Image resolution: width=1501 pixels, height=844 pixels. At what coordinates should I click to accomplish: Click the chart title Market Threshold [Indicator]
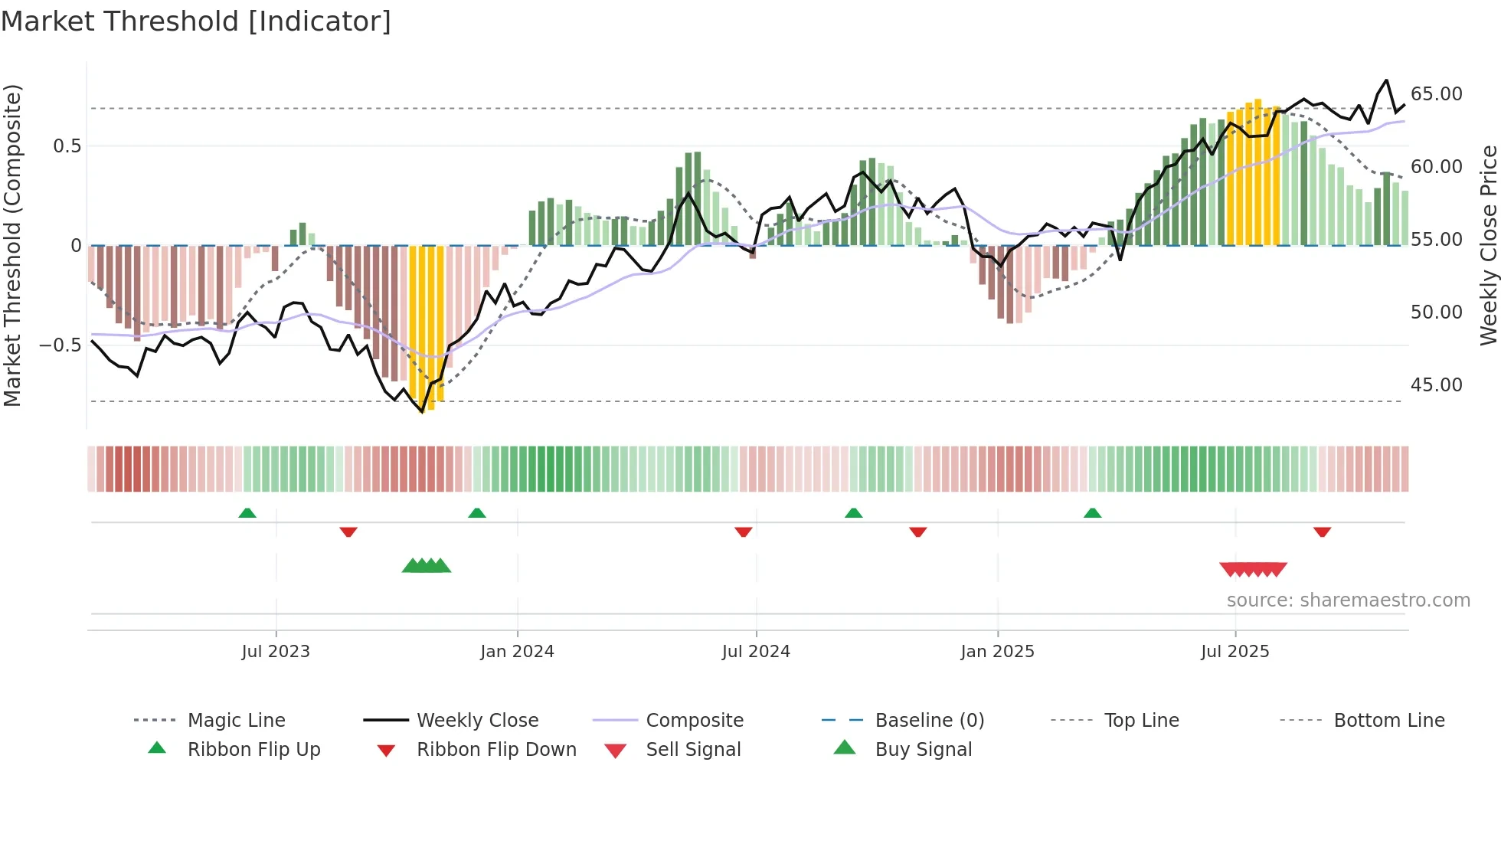pos(196,21)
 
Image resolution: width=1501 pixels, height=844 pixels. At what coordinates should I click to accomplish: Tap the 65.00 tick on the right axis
pos(1436,94)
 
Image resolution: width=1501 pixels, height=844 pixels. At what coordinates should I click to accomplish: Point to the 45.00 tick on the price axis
pos(1436,385)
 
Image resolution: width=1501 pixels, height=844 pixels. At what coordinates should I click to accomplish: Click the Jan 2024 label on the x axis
pos(517,652)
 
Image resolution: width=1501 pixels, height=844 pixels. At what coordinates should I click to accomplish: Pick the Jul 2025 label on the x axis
pos(1234,652)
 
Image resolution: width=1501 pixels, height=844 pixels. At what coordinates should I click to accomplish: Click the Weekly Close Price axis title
pos(1488,245)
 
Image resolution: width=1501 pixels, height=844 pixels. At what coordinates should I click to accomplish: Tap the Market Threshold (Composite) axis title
pos(12,245)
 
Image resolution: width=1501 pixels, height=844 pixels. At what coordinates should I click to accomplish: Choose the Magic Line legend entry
pos(236,721)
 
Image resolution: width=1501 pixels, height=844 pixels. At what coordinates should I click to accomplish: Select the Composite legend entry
pos(694,721)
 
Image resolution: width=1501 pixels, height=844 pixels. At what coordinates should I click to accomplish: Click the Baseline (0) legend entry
pos(929,721)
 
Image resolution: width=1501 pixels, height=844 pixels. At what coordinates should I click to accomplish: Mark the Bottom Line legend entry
pos(1388,721)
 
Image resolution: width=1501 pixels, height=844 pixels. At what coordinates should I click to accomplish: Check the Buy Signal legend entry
pos(923,750)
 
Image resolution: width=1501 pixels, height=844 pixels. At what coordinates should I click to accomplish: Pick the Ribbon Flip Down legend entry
pos(495,750)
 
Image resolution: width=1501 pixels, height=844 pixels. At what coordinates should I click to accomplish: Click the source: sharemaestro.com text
pos(1348,600)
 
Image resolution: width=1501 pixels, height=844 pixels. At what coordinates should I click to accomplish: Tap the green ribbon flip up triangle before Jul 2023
pos(247,513)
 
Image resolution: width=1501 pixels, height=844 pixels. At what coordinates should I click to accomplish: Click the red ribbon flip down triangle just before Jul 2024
pos(743,532)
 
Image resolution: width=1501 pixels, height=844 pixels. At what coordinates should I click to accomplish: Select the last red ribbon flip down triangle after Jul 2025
pos(1322,532)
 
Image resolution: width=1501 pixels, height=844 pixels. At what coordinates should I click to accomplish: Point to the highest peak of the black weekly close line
pos(1386,80)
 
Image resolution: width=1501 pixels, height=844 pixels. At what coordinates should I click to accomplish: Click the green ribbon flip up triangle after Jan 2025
pos(1092,513)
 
